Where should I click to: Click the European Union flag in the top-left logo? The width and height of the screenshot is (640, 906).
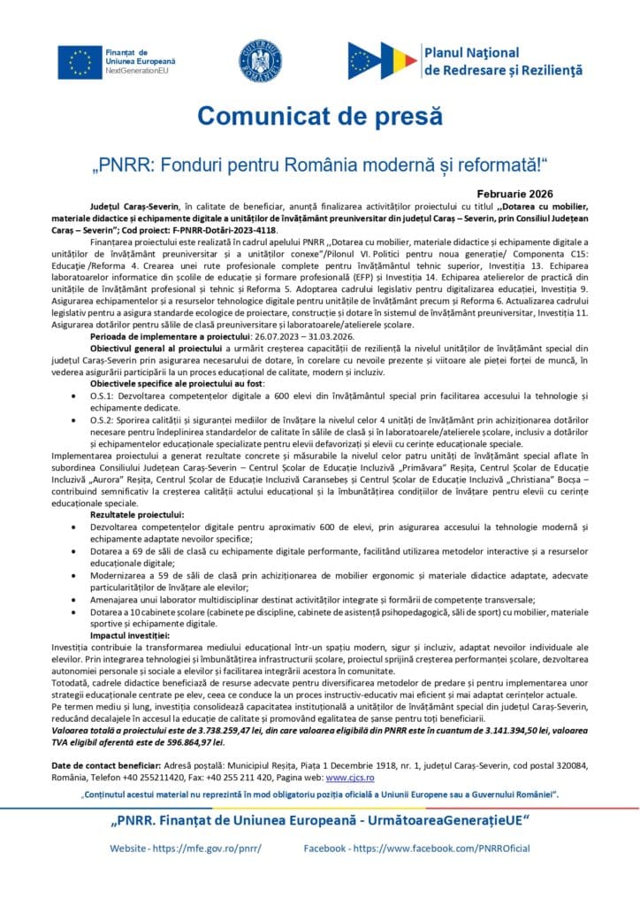(80, 61)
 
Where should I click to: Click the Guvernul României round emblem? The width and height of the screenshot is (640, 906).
(261, 61)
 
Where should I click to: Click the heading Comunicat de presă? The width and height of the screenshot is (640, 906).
(319, 116)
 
